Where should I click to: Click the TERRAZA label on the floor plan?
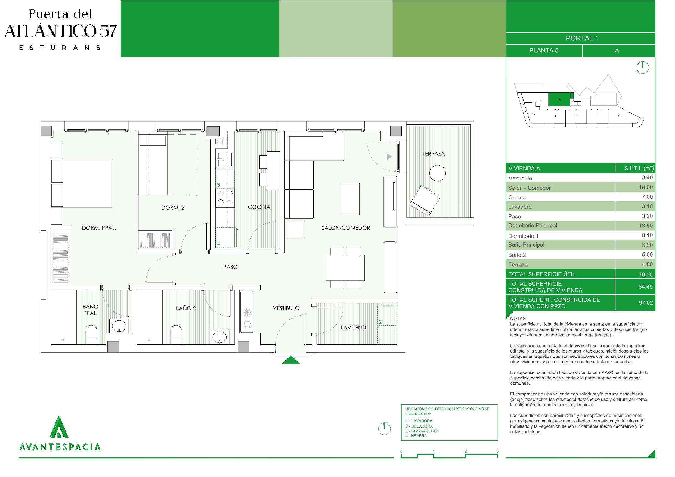[x=433, y=154]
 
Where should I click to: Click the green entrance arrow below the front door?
[x=291, y=360]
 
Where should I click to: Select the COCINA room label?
[x=259, y=207]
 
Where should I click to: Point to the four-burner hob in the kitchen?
[x=225, y=198]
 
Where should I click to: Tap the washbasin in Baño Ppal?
[x=119, y=326]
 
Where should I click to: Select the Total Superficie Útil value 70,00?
[x=646, y=275]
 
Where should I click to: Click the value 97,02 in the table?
[x=646, y=303]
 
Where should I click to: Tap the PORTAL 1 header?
[x=582, y=38]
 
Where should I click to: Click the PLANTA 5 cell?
[x=544, y=51]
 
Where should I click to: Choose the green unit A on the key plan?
[x=559, y=99]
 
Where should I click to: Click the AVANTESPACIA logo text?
[x=60, y=447]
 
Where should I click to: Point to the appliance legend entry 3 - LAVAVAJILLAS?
[x=422, y=431]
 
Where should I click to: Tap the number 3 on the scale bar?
[x=498, y=451]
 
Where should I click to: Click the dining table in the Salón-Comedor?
[x=345, y=268]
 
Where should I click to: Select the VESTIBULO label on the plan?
[x=286, y=308]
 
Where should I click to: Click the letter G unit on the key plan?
[x=619, y=116]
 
